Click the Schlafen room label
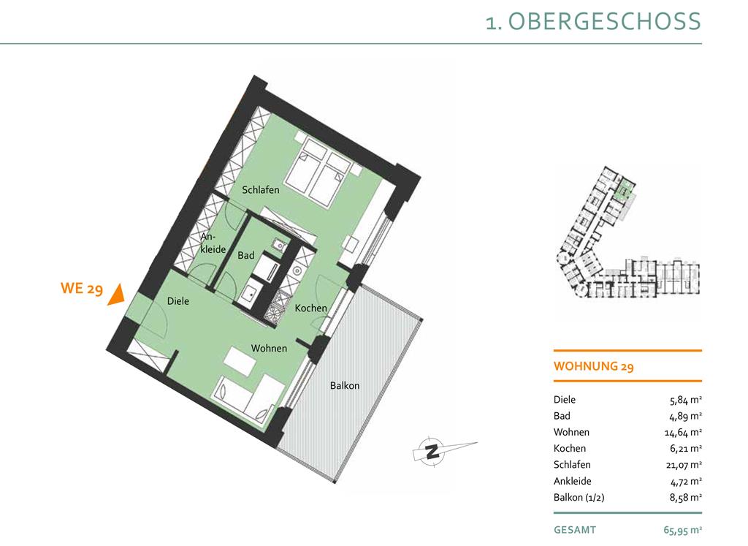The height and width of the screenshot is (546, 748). point(261,190)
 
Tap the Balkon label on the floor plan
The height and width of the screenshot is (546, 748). point(345,386)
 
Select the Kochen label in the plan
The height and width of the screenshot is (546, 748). point(311,308)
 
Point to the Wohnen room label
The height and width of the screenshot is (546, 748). point(269,349)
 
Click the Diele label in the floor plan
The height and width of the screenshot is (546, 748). point(178,301)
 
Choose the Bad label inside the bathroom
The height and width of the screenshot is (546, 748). point(246,255)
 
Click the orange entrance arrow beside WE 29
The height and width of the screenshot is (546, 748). point(116,295)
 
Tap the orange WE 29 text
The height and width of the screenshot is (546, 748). point(82,288)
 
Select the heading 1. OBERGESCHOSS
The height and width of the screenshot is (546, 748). point(593,22)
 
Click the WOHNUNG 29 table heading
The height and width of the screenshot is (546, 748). point(593,366)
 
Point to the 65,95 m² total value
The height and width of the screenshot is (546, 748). point(683,530)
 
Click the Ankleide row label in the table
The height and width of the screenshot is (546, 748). point(573,481)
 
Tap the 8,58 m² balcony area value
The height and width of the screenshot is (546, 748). point(685,497)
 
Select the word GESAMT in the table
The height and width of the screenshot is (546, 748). point(575,530)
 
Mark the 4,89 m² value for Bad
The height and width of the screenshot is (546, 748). point(685,416)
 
